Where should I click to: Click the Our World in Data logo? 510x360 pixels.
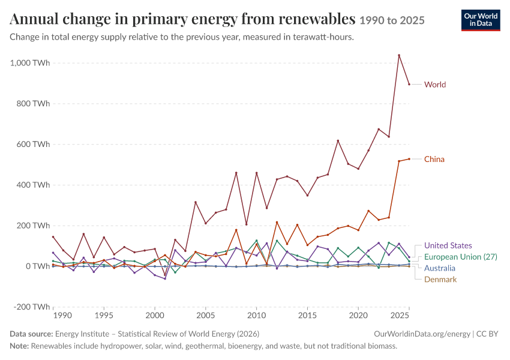click(x=481, y=20)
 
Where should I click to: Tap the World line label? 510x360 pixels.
click(x=435, y=85)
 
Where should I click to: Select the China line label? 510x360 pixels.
click(x=434, y=159)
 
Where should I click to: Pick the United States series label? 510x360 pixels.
click(x=448, y=245)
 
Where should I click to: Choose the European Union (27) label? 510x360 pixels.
click(x=461, y=257)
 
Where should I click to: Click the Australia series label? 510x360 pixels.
click(x=439, y=268)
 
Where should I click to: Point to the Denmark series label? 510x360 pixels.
click(x=440, y=280)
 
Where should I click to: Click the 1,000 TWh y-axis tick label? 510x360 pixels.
click(x=30, y=63)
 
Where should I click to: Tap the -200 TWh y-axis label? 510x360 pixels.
click(x=32, y=307)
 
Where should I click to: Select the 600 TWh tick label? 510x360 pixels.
click(x=34, y=144)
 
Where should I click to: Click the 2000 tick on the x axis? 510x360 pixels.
click(x=155, y=315)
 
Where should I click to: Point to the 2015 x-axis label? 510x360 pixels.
click(x=307, y=315)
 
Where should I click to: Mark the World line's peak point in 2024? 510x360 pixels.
click(x=399, y=55)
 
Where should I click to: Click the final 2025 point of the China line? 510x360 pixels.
click(x=409, y=159)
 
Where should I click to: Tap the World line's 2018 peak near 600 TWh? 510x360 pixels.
click(x=338, y=140)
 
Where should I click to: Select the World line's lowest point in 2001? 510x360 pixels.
click(x=165, y=275)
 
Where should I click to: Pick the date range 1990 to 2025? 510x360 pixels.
click(x=392, y=20)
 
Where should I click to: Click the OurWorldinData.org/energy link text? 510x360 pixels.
click(x=422, y=334)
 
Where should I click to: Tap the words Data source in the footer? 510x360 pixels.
click(x=31, y=334)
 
